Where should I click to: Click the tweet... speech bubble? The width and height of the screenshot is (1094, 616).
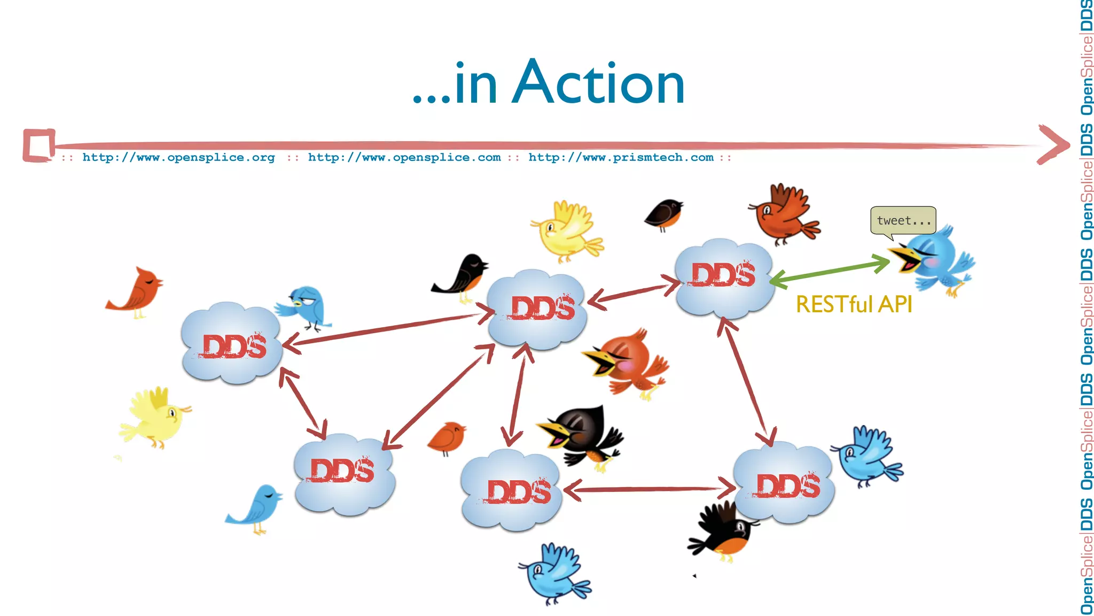(x=903, y=220)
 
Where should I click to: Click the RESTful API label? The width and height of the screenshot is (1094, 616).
(x=854, y=304)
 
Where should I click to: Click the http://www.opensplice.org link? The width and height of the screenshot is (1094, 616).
(x=178, y=157)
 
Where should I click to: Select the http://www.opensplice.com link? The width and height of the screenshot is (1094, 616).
(x=404, y=157)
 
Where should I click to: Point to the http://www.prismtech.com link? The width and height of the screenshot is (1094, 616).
(x=621, y=157)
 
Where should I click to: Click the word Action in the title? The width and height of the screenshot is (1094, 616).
(x=598, y=83)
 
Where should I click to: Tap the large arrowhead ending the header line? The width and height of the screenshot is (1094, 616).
(x=1052, y=144)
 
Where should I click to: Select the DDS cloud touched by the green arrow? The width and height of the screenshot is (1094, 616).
(x=724, y=278)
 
